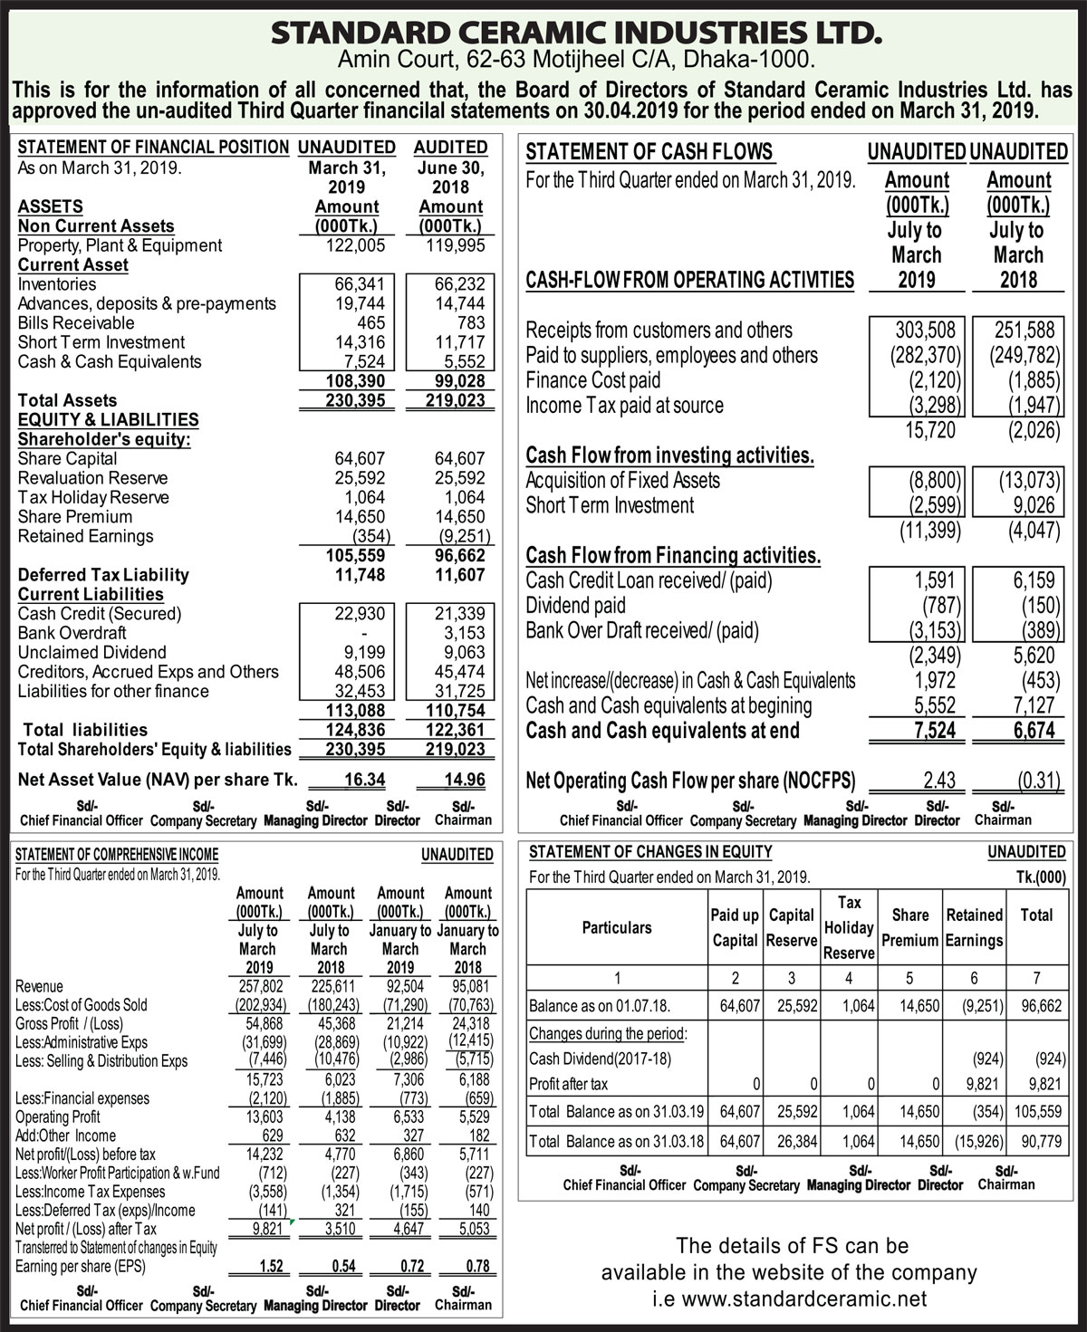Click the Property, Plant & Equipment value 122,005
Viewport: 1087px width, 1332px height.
(x=355, y=245)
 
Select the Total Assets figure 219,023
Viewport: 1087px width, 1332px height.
(x=455, y=400)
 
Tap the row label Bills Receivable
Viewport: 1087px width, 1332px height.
(x=76, y=323)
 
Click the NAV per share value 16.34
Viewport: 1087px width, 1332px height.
(x=364, y=780)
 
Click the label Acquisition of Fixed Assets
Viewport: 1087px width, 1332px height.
(x=623, y=481)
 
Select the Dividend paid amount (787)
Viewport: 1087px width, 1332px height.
(x=941, y=606)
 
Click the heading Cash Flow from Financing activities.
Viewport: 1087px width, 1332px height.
(x=673, y=555)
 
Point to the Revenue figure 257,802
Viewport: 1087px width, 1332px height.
(x=261, y=986)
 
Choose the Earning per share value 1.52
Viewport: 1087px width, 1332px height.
(x=272, y=1266)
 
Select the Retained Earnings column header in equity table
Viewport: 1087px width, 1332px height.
(x=974, y=927)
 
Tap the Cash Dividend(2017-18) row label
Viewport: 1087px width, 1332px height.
(x=601, y=1059)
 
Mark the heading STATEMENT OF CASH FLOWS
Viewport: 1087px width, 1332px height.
(x=649, y=152)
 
